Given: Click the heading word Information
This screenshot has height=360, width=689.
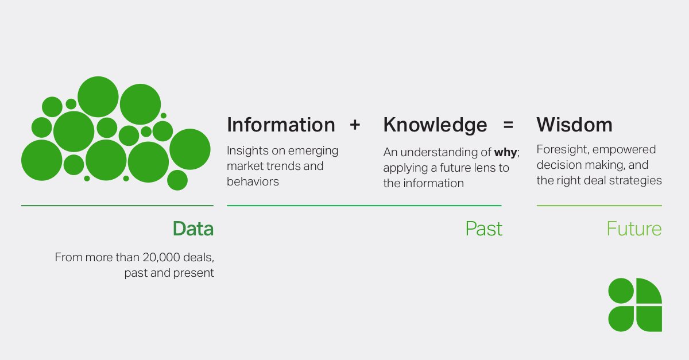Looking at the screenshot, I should (x=281, y=125).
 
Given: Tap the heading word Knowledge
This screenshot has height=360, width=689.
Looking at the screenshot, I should (x=435, y=125).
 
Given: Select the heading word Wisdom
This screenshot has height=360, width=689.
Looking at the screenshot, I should (x=574, y=125).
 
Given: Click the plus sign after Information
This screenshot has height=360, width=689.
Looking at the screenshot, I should (x=355, y=125).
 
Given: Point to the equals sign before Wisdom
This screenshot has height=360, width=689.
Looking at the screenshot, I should (x=508, y=125).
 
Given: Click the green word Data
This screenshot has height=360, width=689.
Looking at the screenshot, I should (x=193, y=229).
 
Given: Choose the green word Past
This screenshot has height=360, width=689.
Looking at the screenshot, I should (x=483, y=229).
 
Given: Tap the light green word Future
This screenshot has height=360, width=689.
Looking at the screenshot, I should (x=634, y=229).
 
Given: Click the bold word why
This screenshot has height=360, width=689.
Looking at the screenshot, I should (x=505, y=153).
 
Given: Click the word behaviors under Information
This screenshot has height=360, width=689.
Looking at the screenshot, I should (x=253, y=181).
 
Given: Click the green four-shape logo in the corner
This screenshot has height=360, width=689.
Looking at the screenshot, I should (x=635, y=304).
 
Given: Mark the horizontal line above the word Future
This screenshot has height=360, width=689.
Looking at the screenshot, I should (x=599, y=206).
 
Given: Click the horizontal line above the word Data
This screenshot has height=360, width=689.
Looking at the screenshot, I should (x=117, y=205).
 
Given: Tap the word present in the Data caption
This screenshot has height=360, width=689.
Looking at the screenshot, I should (x=194, y=273).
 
